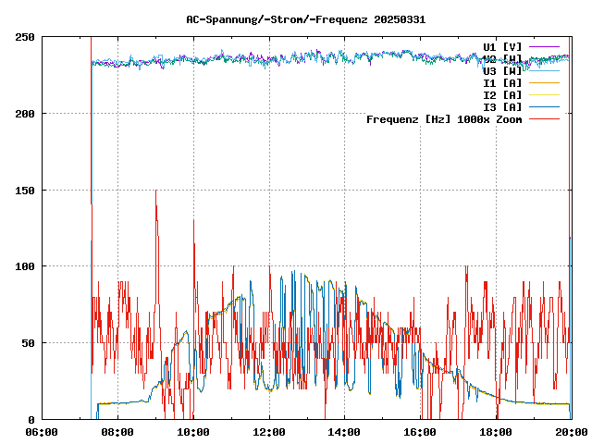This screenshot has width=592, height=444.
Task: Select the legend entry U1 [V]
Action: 502,46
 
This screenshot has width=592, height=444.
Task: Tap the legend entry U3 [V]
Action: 502,70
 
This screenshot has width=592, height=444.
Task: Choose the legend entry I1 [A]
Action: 502,82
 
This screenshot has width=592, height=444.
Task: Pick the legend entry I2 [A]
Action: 502,94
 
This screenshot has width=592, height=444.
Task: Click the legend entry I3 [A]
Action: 502,106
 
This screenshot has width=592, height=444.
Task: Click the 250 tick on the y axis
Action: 25,37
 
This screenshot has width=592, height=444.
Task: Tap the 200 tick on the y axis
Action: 25,114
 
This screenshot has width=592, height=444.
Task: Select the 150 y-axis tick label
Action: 25,191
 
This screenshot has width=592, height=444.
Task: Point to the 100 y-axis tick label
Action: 25,266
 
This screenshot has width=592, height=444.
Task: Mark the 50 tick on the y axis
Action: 28,343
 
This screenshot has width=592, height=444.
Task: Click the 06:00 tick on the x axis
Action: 42,431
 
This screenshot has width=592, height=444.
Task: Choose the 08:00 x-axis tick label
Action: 117,431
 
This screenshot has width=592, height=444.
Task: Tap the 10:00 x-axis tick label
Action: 193,431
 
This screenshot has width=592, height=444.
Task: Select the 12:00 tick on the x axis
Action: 269,431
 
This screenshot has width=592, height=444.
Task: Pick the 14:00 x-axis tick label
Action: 345,431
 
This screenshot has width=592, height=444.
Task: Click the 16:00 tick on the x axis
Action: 421,431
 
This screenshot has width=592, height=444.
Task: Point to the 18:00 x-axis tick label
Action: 497,431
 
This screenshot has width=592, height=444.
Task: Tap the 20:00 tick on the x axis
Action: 571,431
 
